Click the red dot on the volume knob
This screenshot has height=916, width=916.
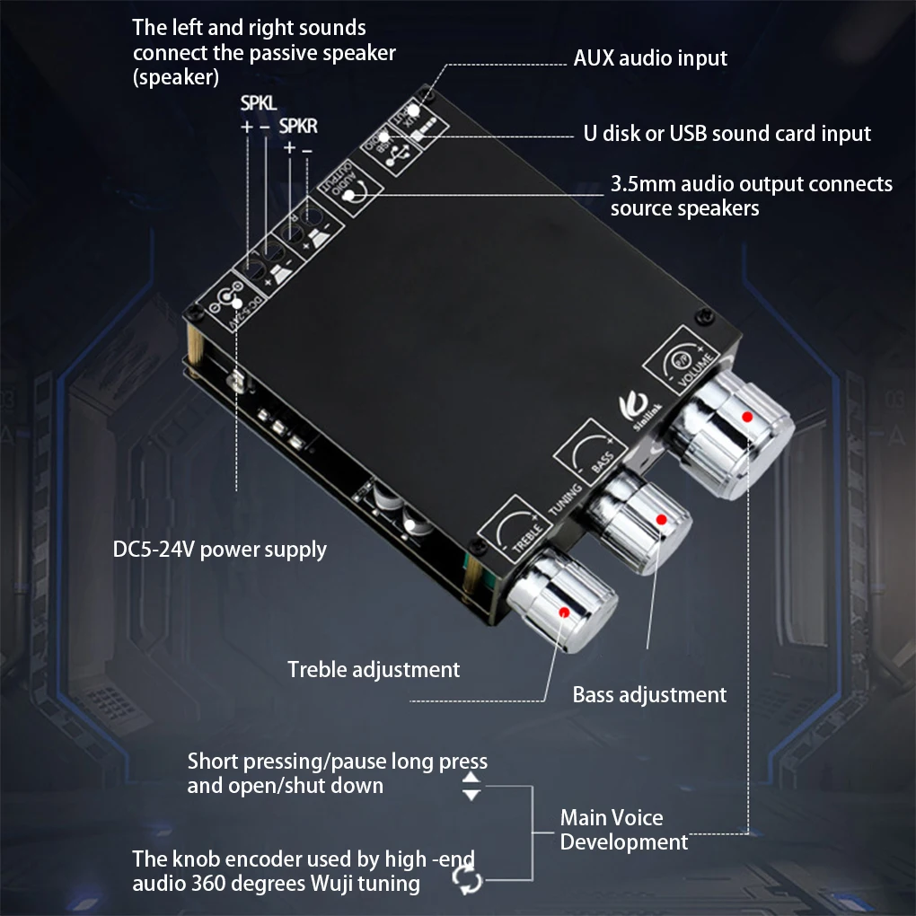[746, 417]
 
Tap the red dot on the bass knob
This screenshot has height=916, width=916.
[662, 519]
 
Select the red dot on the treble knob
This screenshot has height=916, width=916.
[564, 612]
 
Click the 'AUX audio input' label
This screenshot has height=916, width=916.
[650, 58]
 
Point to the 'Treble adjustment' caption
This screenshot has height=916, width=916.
[374, 669]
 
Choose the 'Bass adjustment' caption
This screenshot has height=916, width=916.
[649, 694]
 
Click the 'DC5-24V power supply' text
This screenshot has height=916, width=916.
[220, 549]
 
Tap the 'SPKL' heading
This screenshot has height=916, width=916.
[259, 104]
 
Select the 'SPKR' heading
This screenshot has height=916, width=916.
[298, 127]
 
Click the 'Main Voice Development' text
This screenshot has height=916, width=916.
[624, 830]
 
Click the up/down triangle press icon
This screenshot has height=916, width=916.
[471, 788]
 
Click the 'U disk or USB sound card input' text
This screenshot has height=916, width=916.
[727, 135]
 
